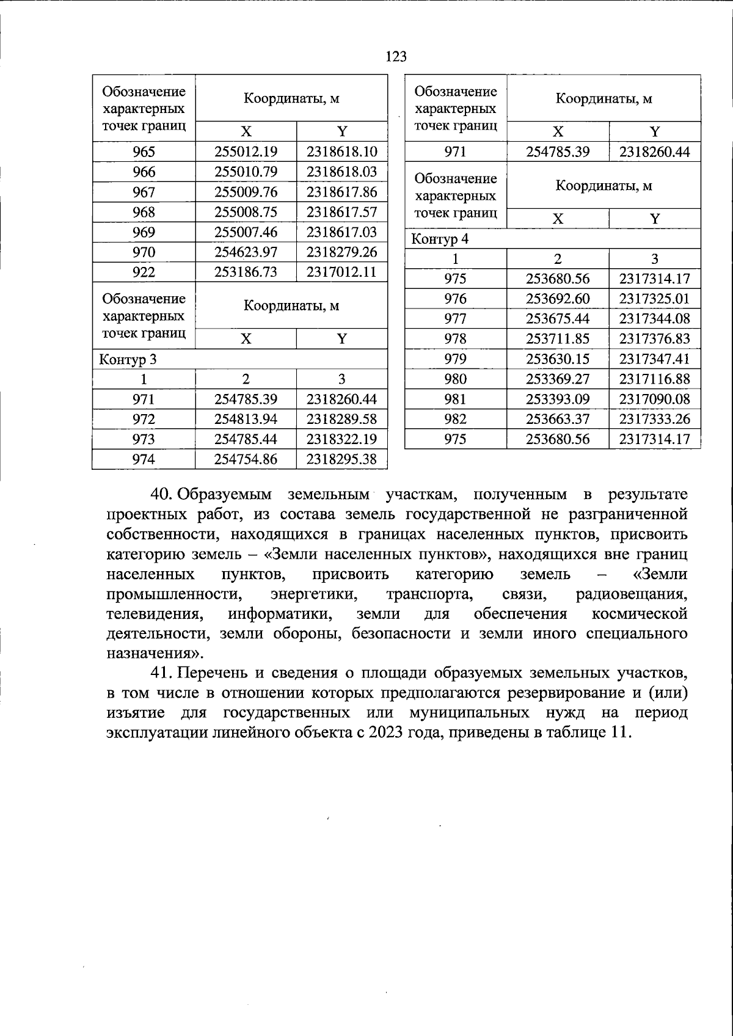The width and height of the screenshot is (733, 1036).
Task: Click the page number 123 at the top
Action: (396, 57)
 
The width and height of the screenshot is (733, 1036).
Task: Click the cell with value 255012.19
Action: (246, 152)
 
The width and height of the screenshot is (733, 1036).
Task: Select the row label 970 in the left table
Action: (144, 252)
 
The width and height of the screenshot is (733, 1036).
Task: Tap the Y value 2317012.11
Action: (341, 272)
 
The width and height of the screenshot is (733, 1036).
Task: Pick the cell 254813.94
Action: (246, 419)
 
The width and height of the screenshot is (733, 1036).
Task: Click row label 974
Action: (144, 459)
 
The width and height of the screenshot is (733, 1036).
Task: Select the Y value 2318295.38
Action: (341, 459)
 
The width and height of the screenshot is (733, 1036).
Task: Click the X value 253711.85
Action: (557, 339)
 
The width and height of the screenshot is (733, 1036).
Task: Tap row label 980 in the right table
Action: (456, 379)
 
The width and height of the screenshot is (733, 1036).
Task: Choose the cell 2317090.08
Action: (654, 399)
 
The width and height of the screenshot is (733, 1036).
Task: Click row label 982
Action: (456, 419)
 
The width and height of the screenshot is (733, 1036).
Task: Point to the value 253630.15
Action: (557, 359)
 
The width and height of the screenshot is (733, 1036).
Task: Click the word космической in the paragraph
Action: (640, 613)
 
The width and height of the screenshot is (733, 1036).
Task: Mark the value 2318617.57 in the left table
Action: (341, 213)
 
